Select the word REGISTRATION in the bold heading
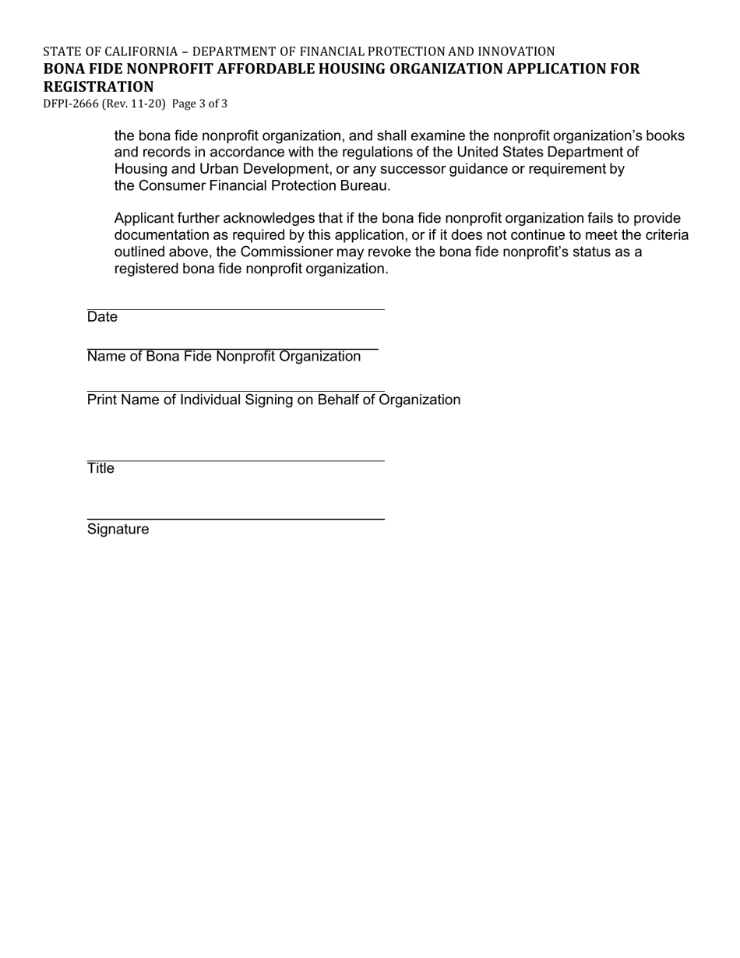(98, 86)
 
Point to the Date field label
(102, 317)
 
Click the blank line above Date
(235, 308)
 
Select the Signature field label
(118, 530)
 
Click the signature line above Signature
(235, 518)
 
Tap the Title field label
(100, 468)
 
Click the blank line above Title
(235, 460)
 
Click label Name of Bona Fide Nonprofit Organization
(224, 357)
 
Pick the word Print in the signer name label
(102, 400)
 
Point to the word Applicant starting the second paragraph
(144, 219)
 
